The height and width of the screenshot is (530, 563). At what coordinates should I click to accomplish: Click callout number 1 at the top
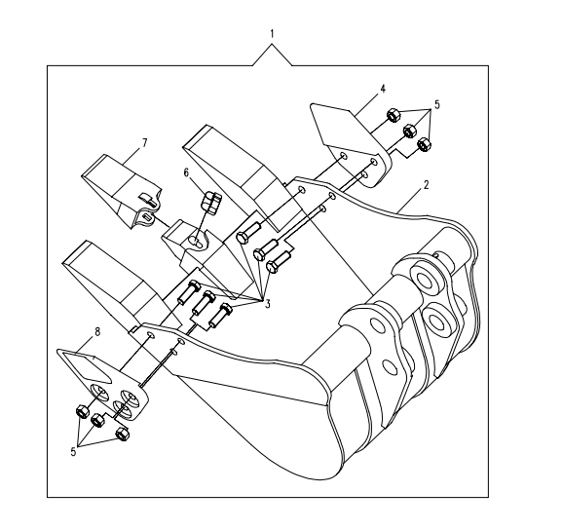pos(272,34)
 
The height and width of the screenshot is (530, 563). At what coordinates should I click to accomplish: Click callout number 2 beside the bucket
pos(426,185)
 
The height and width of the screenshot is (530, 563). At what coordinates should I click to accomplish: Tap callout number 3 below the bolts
pos(268,304)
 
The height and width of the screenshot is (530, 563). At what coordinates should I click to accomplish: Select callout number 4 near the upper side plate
pos(383,89)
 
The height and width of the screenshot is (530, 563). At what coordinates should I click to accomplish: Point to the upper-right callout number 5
pos(437,105)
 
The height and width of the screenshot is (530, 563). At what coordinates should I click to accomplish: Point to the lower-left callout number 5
pos(73,452)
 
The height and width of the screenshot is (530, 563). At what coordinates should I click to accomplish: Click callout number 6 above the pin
pos(186,172)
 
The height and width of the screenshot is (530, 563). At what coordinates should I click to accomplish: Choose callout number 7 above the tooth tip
pos(144,143)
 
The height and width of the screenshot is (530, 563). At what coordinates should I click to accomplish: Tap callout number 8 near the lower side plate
pos(97,331)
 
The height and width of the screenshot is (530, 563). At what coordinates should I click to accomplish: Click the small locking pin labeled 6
pos(210,204)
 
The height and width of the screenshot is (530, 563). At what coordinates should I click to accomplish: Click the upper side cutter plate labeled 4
pos(351,145)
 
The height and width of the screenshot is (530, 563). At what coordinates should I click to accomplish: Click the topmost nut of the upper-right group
pos(394,115)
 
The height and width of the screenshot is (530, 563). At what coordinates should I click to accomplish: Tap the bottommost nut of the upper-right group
pos(424,144)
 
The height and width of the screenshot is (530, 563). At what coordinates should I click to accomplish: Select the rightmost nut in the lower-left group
pos(123,434)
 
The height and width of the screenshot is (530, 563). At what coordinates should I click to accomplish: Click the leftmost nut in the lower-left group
pos(82,411)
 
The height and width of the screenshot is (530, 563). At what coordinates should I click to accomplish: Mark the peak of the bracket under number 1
pos(272,44)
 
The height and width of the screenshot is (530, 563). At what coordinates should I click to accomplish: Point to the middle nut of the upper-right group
pos(409,130)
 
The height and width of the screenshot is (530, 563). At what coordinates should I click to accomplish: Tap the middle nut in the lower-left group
pos(97,420)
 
